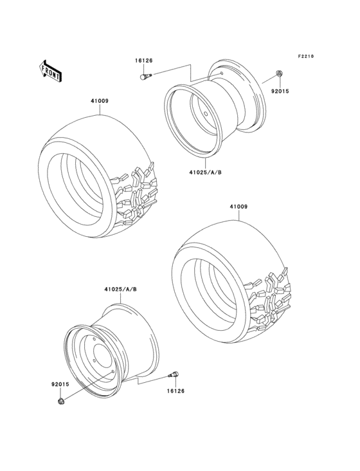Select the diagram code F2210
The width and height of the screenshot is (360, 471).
[x=306, y=57]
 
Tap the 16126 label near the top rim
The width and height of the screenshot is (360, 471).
[x=143, y=61]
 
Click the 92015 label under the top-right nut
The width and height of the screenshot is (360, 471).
[x=280, y=91]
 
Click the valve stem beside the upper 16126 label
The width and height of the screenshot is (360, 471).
[x=145, y=77]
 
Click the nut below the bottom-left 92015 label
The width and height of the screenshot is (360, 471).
[x=60, y=402]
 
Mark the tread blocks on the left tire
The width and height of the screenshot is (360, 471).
[x=139, y=193]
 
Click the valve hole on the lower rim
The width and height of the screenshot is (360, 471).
[x=113, y=371]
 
